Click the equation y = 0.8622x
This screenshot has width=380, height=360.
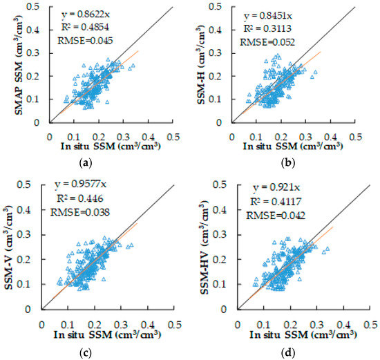83,13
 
